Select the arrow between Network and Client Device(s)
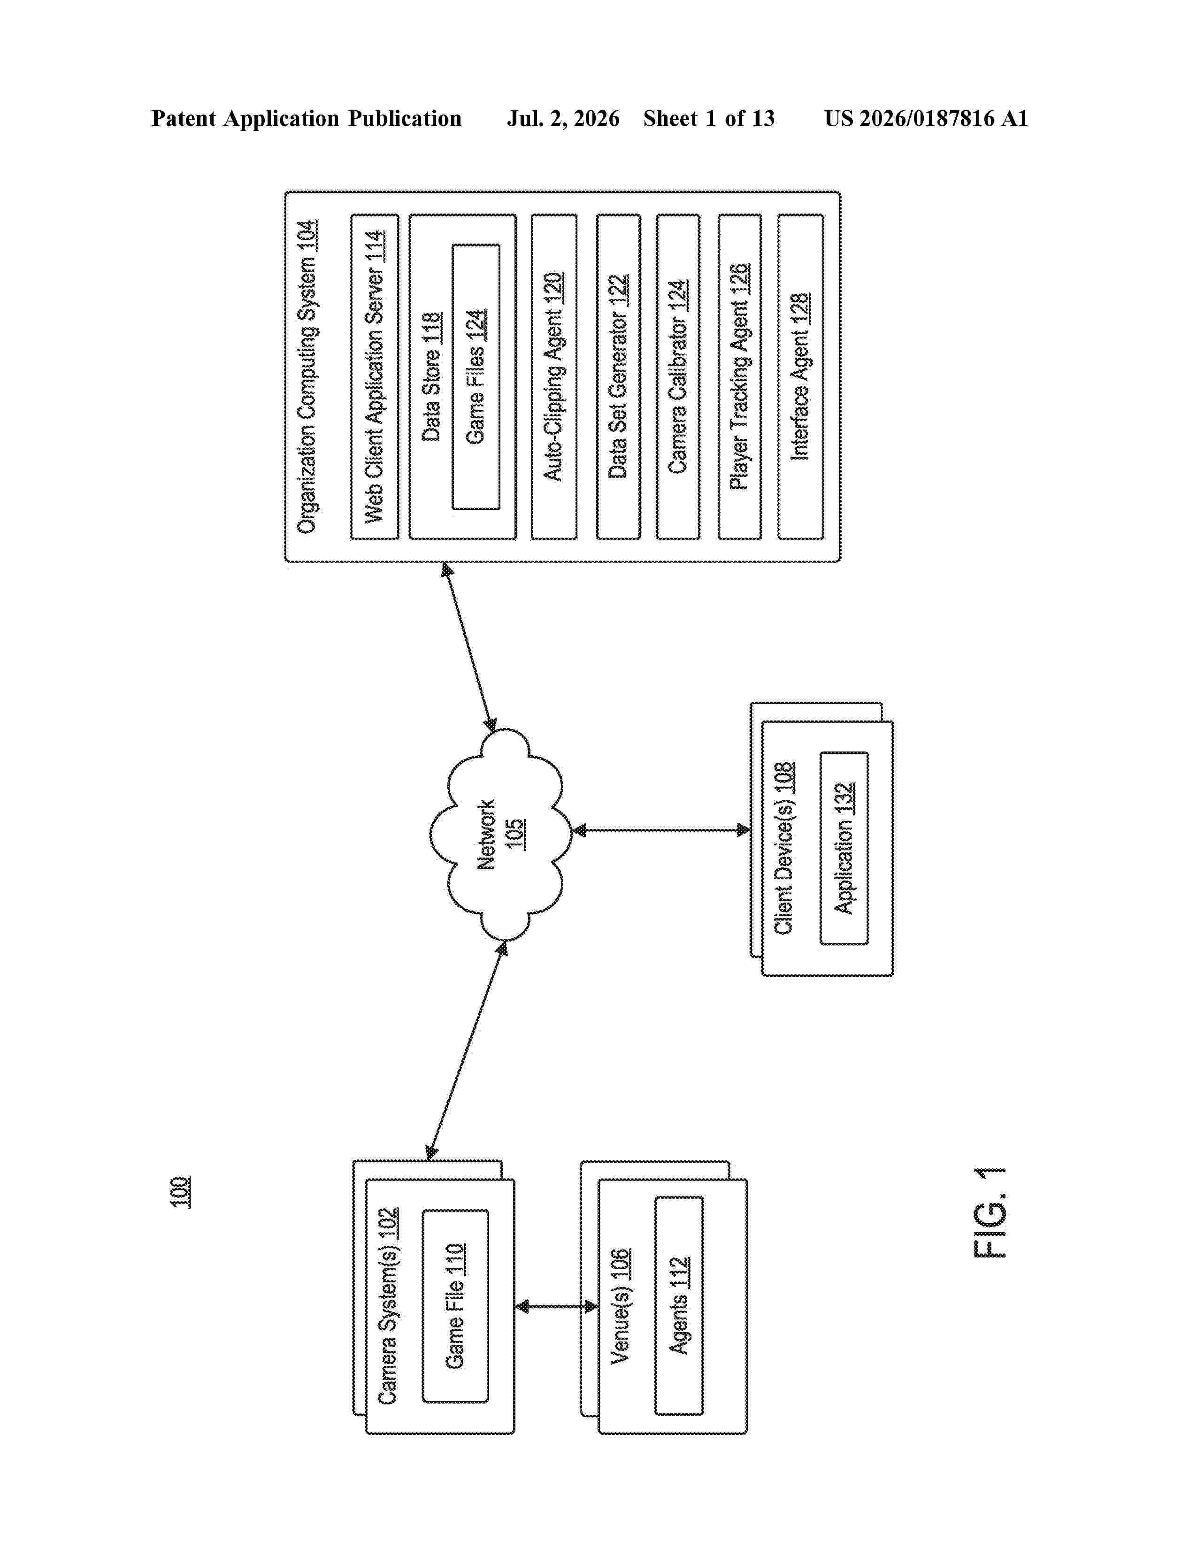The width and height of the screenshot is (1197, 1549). point(661,830)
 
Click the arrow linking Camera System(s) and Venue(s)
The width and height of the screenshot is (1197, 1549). point(556,1306)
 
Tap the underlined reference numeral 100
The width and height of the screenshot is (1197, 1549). point(180,1191)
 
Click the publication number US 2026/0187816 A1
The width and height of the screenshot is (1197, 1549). point(926,118)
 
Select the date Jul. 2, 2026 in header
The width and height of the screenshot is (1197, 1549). point(563,118)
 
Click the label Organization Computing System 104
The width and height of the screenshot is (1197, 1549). point(307,376)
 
